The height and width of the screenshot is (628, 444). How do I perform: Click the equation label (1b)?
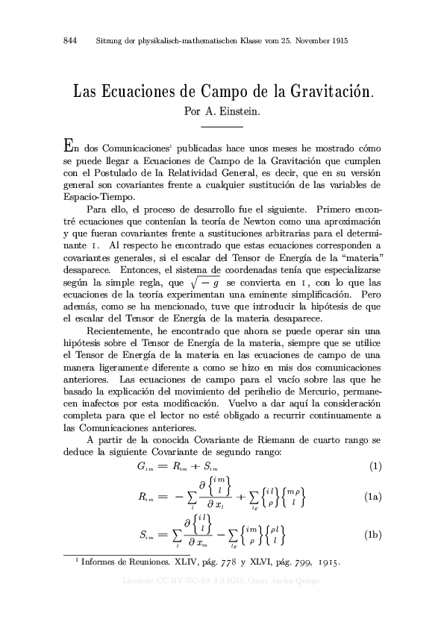click(x=374, y=536)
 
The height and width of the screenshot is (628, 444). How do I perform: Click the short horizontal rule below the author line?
click(x=222, y=127)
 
